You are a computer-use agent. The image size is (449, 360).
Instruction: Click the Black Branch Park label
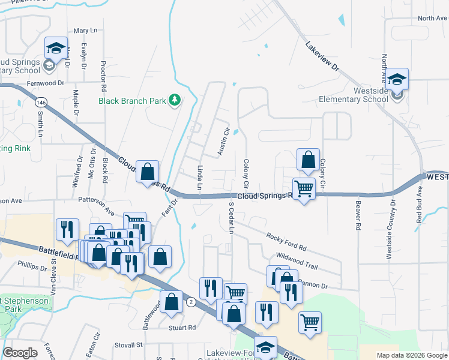[x=132, y=101]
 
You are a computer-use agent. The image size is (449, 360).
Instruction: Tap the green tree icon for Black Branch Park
[x=175, y=100]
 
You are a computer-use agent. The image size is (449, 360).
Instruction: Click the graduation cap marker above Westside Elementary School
[x=397, y=80]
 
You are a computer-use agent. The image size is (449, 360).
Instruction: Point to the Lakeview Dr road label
[x=322, y=58]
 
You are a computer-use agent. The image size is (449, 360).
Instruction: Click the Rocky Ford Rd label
[x=286, y=242]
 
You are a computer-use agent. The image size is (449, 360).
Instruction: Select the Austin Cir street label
[x=223, y=142]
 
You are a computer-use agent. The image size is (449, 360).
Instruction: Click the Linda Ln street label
[x=199, y=178]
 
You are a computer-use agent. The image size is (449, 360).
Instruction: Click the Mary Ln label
[x=85, y=31]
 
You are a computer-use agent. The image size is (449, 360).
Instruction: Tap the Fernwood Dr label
[x=49, y=83]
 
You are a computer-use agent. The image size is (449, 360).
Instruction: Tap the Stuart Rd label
[x=182, y=328]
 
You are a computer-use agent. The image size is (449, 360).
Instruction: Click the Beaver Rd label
[x=358, y=219]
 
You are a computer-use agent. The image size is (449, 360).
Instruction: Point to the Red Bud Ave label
[x=420, y=208]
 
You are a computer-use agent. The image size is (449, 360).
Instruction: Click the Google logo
[x=20, y=353]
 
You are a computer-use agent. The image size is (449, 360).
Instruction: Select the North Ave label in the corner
[x=433, y=19]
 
